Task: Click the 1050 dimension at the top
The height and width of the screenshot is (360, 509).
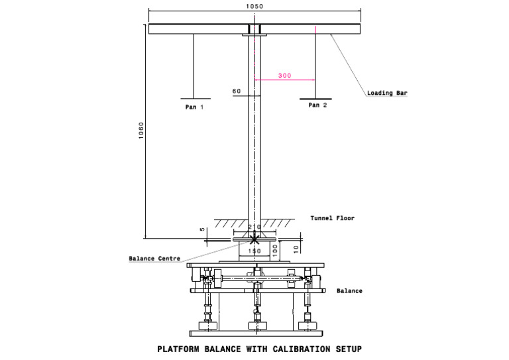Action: pyautogui.click(x=254, y=6)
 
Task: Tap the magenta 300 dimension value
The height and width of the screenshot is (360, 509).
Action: pyautogui.click(x=284, y=76)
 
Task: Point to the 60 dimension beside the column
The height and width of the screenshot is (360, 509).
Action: pyautogui.click(x=237, y=91)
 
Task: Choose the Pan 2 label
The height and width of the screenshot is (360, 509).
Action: pyautogui.click(x=317, y=105)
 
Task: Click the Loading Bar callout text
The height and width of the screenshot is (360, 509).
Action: pyautogui.click(x=387, y=93)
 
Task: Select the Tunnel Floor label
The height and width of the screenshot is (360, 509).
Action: pyautogui.click(x=332, y=218)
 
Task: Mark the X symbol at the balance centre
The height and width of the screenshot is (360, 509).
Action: pyautogui.click(x=254, y=238)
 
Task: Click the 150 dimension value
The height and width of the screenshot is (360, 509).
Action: pyautogui.click(x=254, y=251)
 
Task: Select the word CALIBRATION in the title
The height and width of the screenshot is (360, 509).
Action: pyautogui.click(x=275, y=347)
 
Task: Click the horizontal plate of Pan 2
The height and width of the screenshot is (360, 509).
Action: pyautogui.click(x=315, y=97)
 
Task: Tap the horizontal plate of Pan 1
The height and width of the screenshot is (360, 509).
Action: pyautogui.click(x=193, y=97)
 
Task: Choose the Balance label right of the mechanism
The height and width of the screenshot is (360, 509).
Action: pyautogui.click(x=349, y=290)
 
